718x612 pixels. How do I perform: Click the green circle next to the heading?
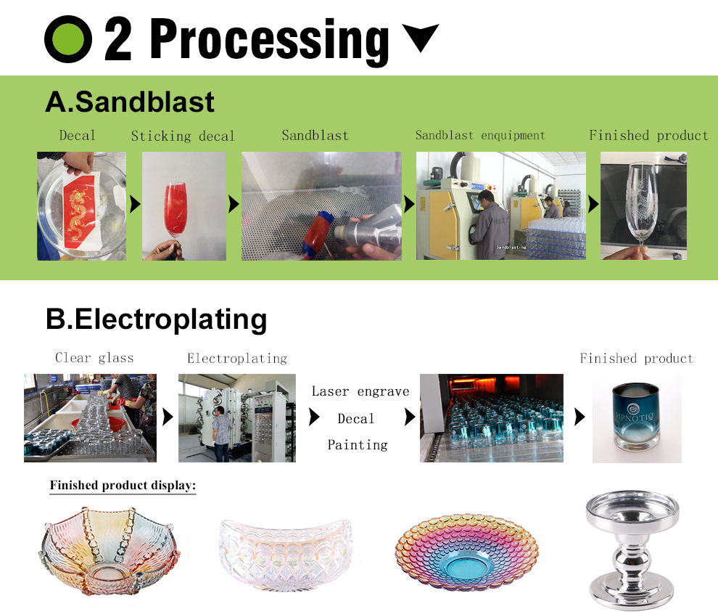pyautogui.click(x=68, y=39)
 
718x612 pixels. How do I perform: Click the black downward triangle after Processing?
pyautogui.click(x=420, y=37)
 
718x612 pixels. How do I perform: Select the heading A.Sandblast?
pyautogui.click(x=130, y=102)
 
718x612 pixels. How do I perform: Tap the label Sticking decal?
pyautogui.click(x=183, y=136)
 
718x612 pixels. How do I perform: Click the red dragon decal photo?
pyautogui.click(x=81, y=205)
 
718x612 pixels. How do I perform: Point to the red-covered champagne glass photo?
pyautogui.click(x=183, y=205)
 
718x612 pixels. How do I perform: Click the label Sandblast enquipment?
pyautogui.click(x=479, y=136)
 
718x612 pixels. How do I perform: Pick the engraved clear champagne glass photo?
pyautogui.click(x=643, y=205)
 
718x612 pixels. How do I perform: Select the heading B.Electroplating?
pyautogui.click(x=156, y=319)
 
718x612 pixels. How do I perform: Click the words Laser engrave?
pyautogui.click(x=360, y=391)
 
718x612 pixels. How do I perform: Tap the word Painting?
pyautogui.click(x=358, y=444)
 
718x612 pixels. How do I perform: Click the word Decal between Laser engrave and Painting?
pyautogui.click(x=356, y=419)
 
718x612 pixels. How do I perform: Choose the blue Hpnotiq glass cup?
pyautogui.click(x=636, y=419)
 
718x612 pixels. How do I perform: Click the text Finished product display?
pyautogui.click(x=123, y=486)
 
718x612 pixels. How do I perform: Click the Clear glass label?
pyautogui.click(x=94, y=358)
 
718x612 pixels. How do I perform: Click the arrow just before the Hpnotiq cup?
pyautogui.click(x=579, y=417)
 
